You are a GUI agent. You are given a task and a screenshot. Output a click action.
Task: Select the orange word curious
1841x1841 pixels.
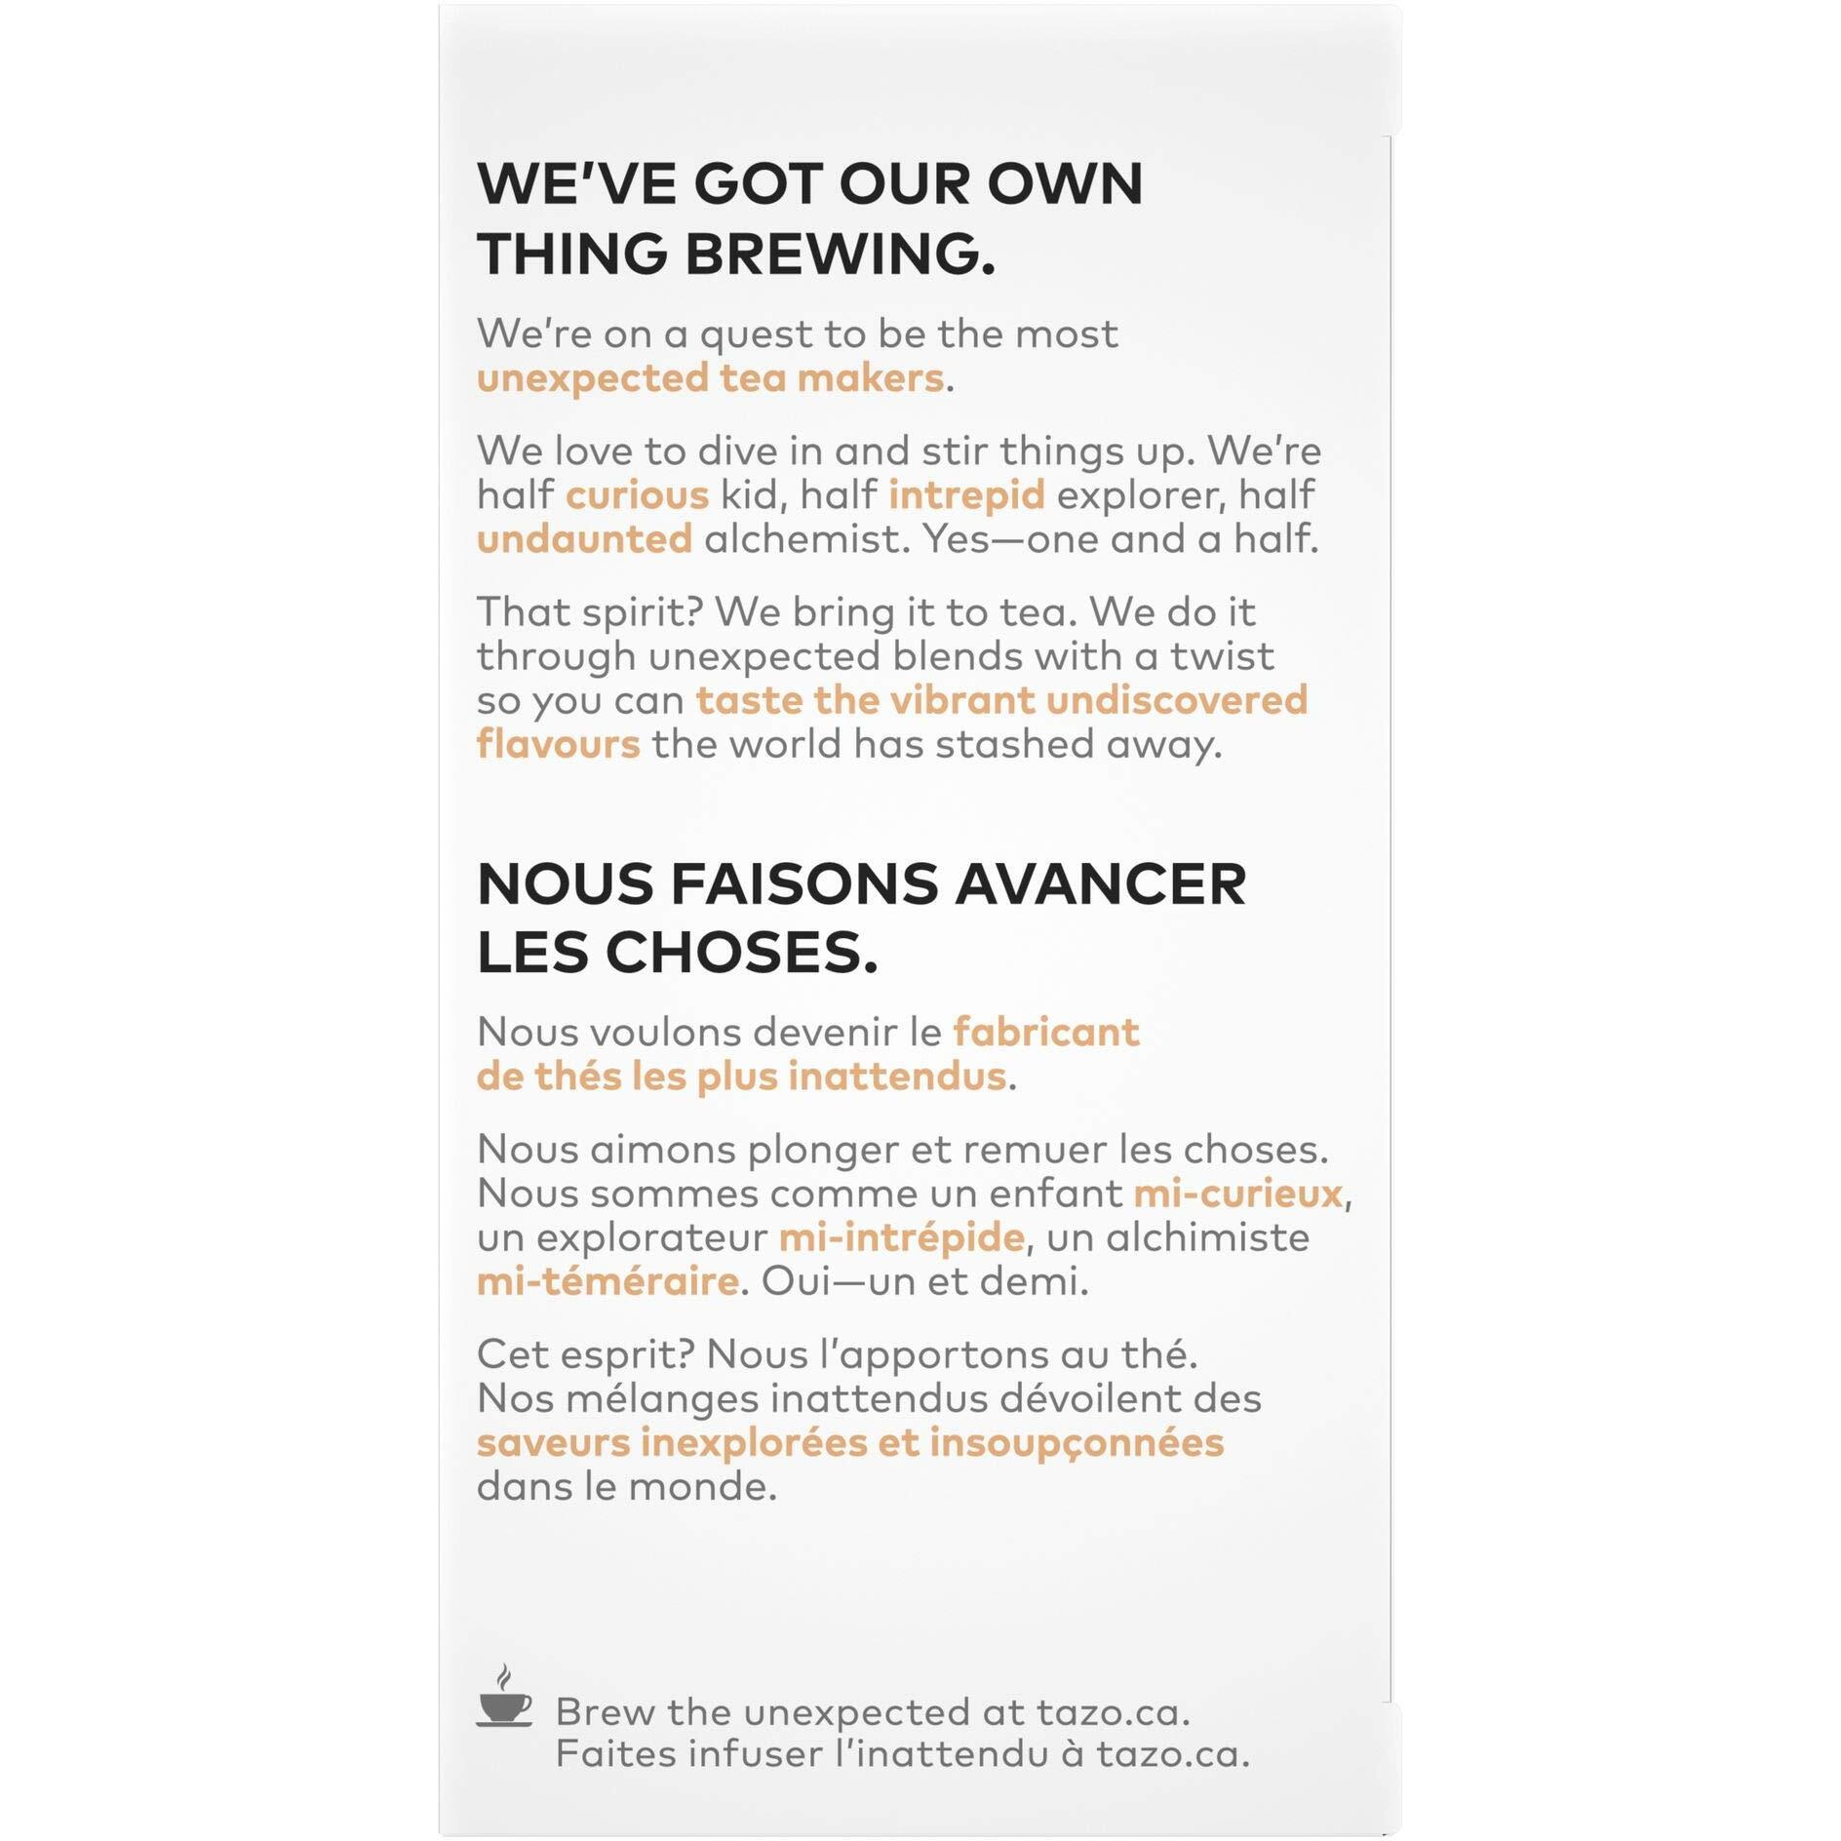pos(637,494)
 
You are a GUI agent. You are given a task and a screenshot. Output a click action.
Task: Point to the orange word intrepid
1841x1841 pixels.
pos(965,494)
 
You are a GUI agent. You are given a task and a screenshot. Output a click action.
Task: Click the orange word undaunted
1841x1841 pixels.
pos(584,538)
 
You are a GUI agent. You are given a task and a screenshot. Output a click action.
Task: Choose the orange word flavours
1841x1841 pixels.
pos(558,744)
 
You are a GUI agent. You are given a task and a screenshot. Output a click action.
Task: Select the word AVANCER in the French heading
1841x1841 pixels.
pos(1099,883)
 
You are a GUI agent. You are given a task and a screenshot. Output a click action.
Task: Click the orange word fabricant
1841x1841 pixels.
pos(1045,1032)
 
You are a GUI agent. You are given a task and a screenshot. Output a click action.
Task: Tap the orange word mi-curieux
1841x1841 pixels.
pos(1237,1193)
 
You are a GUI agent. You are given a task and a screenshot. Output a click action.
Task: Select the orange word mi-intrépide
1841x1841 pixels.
pos(901,1237)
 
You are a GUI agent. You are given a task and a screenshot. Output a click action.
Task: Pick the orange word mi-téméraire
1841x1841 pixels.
pos(607,1280)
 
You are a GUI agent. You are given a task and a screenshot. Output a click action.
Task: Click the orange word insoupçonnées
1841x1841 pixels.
pos(1076,1442)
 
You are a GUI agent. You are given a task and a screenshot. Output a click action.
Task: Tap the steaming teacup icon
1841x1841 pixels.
pos(504,1699)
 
